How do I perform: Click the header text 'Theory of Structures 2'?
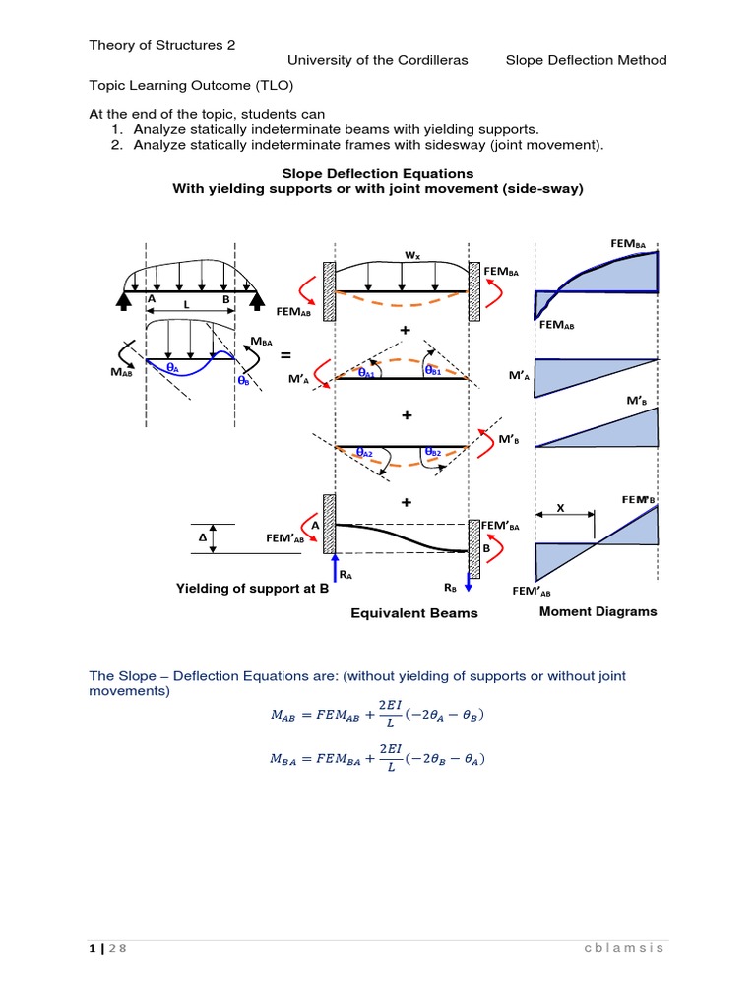pyautogui.click(x=162, y=45)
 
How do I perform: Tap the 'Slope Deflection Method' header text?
pyautogui.click(x=586, y=60)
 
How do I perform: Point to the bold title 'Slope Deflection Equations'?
pyautogui.click(x=378, y=173)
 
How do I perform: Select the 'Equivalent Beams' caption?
pyautogui.click(x=414, y=613)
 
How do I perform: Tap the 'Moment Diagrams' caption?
pyautogui.click(x=598, y=611)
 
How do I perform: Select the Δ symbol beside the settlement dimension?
pyautogui.click(x=203, y=539)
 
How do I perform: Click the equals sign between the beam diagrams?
pyautogui.click(x=284, y=353)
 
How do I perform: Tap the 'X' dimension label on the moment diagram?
pyautogui.click(x=561, y=508)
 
